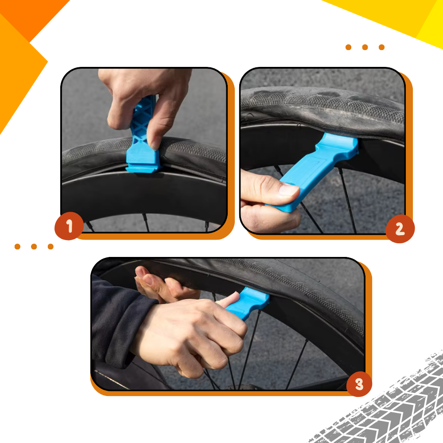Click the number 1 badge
pos(69,226)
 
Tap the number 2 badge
pos(400,229)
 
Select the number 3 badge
pos(359,384)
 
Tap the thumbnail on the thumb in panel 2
pos(288,190)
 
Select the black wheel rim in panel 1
pos(142,195)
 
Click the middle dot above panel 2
pos(365,47)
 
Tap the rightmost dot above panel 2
pos(381,47)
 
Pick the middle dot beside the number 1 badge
pos(34,247)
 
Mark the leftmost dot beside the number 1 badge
pos(17,247)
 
